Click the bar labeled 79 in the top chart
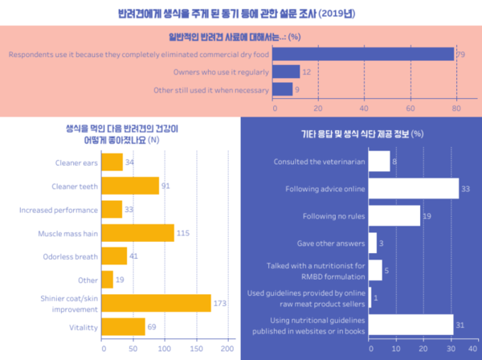(x=364, y=54)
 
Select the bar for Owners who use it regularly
(x=287, y=72)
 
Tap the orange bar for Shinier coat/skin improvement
(x=157, y=303)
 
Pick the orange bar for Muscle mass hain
(x=138, y=233)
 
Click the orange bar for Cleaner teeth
(x=131, y=186)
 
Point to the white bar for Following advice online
(x=413, y=189)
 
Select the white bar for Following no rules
(x=394, y=216)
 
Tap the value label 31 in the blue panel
(x=460, y=324)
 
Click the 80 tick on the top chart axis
(x=455, y=108)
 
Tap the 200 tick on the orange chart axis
(x=227, y=350)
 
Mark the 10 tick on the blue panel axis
(x=397, y=350)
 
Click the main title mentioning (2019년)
(x=241, y=14)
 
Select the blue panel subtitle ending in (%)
(x=361, y=133)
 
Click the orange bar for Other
(x=108, y=280)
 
